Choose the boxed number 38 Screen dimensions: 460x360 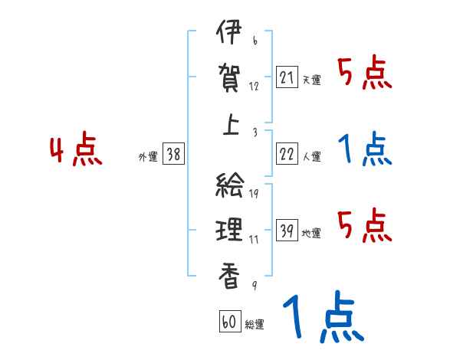pyautogui.click(x=173, y=155)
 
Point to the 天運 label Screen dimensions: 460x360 pyautogui.click(x=312, y=80)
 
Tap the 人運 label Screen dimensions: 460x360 pyautogui.click(x=312, y=156)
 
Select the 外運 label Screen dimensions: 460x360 pyautogui.click(x=148, y=156)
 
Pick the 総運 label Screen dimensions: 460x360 pyautogui.click(x=255, y=324)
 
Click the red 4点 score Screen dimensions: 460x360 pyautogui.click(x=76, y=151)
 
